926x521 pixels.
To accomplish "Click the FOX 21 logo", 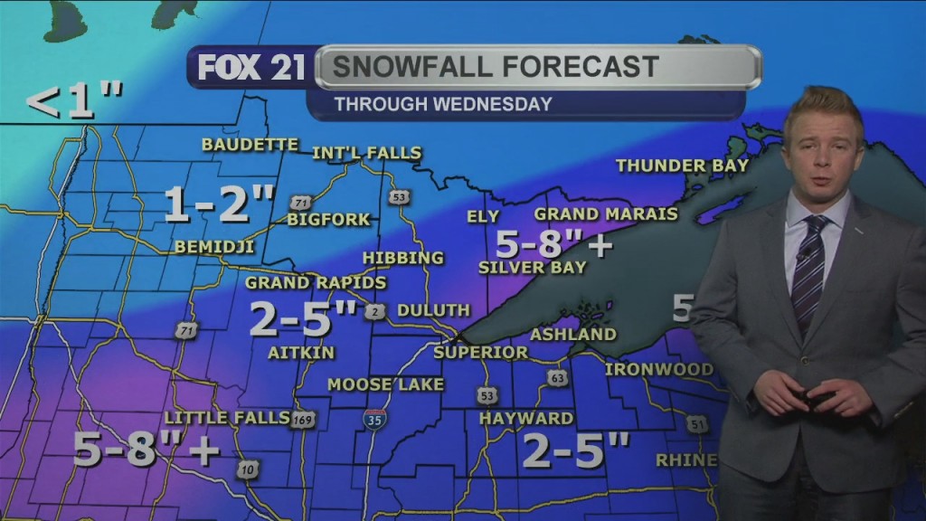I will coord(251,68).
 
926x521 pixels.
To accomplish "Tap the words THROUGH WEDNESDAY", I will coord(442,104).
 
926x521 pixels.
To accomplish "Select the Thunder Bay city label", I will coord(682,166).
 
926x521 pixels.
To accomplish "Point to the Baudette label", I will coord(250,145).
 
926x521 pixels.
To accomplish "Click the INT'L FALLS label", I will coord(366,153).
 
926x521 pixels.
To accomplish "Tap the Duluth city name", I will coord(433,310).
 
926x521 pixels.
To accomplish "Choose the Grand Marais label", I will coord(605,214).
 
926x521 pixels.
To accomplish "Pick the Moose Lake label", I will coord(385,384).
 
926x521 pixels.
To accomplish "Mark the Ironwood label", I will coord(658,369).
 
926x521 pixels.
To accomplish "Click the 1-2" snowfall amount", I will coord(219,205).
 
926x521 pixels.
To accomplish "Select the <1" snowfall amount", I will coord(74,102).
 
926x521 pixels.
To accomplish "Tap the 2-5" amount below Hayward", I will coord(575,450).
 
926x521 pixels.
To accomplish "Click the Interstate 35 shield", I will coord(374,418).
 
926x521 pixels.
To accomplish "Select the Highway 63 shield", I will coord(557,378).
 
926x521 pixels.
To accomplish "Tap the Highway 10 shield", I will coord(249,469).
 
